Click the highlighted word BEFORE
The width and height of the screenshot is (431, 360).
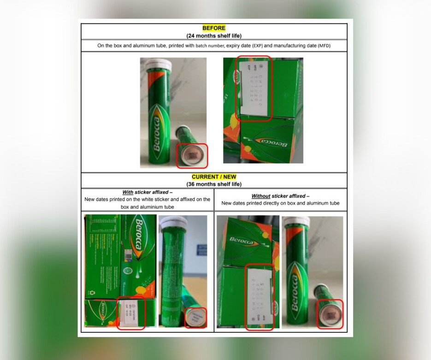(x=214, y=28)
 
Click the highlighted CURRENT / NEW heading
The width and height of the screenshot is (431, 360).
(x=214, y=177)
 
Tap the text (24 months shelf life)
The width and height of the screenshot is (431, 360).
(x=214, y=35)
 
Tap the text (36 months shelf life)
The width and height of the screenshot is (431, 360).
(x=214, y=184)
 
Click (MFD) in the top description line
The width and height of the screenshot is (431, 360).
(x=324, y=46)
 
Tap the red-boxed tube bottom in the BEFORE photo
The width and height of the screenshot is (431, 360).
(x=192, y=156)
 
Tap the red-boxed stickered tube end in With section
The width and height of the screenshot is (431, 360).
(x=195, y=318)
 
